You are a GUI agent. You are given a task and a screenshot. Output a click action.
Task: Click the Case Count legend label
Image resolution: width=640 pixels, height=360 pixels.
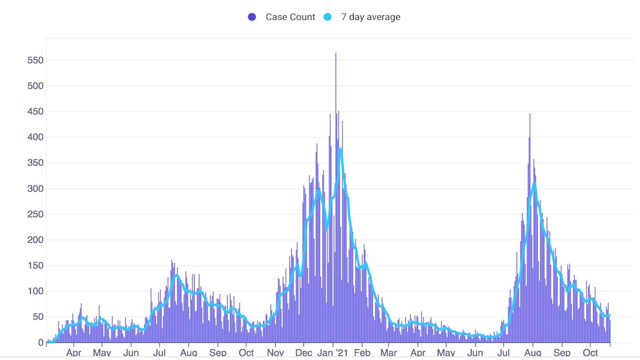(x=290, y=17)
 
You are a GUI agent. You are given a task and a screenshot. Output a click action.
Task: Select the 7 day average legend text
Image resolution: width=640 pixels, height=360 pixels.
(x=370, y=17)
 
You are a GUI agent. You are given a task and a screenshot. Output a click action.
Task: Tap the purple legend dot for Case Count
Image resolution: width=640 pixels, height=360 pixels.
(x=252, y=17)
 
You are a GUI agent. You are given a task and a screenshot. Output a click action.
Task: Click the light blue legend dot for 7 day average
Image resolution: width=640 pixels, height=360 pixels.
(x=328, y=17)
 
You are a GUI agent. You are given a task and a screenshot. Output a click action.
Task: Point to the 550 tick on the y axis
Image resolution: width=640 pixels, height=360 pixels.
(x=35, y=60)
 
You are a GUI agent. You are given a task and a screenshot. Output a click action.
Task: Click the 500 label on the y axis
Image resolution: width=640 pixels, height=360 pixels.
(x=35, y=86)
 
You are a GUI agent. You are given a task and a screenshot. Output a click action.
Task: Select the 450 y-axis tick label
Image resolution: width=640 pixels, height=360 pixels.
(x=35, y=112)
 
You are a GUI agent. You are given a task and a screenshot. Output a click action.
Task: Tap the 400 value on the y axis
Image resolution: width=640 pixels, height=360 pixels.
(x=35, y=138)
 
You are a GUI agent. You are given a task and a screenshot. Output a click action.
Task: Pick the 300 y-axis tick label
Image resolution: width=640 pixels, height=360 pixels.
(x=35, y=189)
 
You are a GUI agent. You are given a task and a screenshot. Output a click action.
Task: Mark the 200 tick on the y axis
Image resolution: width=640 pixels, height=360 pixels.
(x=35, y=240)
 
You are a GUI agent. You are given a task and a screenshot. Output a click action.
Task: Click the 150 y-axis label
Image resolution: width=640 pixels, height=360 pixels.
(x=35, y=266)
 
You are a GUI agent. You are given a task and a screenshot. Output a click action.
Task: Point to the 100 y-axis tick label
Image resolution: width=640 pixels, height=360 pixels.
(x=35, y=291)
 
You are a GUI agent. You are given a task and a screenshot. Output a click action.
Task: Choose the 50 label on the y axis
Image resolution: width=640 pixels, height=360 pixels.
(x=37, y=317)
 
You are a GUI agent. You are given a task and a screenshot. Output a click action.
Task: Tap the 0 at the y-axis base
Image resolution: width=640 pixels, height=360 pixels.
(x=40, y=342)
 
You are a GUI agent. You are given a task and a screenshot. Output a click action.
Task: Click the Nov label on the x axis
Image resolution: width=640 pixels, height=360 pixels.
(x=275, y=353)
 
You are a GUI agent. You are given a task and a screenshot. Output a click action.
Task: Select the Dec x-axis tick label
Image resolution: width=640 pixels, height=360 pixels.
(x=304, y=353)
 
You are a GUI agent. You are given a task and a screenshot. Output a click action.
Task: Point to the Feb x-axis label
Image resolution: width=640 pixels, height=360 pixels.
(x=362, y=353)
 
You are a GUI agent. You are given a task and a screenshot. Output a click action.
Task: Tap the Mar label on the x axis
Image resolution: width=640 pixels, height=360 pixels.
(x=389, y=353)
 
